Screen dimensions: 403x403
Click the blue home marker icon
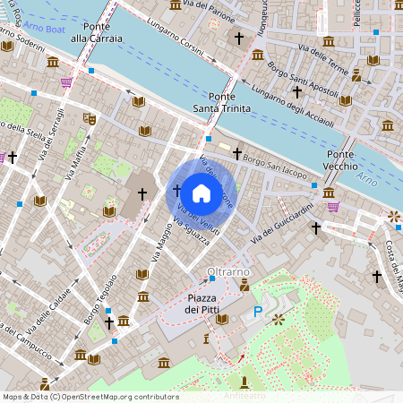(201, 193)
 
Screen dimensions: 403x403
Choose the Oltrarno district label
(228, 270)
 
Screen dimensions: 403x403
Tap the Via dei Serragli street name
(47, 138)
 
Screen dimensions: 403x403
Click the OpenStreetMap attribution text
(90, 397)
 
